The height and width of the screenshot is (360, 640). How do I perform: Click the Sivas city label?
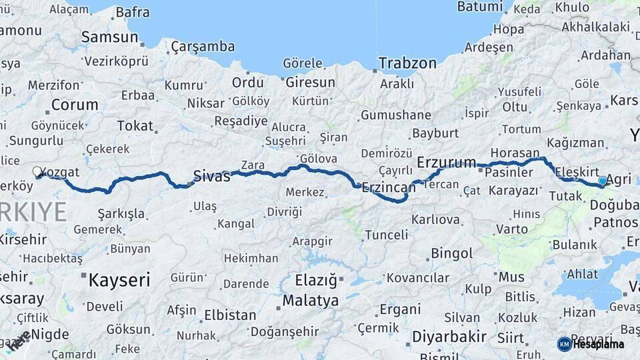pos(211,176)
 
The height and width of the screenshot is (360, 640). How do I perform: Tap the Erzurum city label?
pos(446,162)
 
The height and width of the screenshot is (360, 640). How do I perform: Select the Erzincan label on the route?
pos(388,188)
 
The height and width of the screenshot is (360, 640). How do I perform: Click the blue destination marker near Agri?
pos(603,181)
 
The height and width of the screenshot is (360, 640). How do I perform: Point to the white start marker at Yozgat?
pos(37,171)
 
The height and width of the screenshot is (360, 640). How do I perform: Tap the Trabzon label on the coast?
pos(407,63)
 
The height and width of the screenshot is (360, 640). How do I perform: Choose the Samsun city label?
pos(109,37)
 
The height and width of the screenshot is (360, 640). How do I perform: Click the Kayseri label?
pos(119,279)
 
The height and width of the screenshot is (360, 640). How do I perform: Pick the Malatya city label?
pos(310,301)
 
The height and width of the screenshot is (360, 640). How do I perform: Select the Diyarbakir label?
pos(449,337)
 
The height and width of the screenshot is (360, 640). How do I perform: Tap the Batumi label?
pos(479,7)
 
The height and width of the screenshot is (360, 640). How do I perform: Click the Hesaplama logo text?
pos(600,344)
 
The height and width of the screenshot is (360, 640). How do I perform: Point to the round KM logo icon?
pos(564,344)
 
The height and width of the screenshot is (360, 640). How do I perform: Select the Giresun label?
pos(310,83)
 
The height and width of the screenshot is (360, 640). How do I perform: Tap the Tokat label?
pos(135,125)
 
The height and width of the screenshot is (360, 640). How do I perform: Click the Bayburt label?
pos(436,133)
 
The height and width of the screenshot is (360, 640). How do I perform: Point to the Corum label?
pos(75,105)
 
